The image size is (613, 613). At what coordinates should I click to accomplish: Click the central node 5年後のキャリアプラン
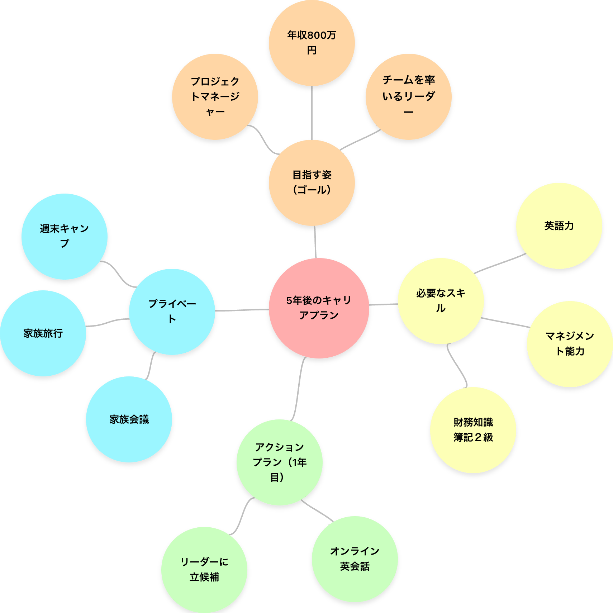coord(319,308)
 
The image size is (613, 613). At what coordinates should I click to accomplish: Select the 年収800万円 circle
coord(312,43)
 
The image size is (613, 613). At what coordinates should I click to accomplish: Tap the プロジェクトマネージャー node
coord(215,96)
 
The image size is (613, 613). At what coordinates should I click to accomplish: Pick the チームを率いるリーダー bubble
coord(408,96)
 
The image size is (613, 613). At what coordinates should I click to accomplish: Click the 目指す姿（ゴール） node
coord(312,182)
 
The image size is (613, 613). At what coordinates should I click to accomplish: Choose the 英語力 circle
coord(559,225)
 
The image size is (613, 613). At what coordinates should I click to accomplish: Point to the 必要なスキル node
coord(441,301)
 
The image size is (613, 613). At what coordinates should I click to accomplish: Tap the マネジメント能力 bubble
coord(570,343)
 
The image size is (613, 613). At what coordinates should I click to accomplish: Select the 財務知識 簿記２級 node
coord(473,429)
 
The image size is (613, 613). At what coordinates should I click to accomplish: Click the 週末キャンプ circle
coord(64,236)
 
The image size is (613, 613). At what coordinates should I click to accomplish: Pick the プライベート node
coord(172,311)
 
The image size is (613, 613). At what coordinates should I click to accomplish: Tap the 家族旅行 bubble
coord(43,333)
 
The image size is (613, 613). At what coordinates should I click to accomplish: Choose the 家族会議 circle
coord(129,419)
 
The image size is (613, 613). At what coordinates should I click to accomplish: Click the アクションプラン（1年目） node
coord(279,462)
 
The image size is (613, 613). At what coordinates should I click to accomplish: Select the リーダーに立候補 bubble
coord(204,569)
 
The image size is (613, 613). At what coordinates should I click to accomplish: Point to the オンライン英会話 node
coord(355,559)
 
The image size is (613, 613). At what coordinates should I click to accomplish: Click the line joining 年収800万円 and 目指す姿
coord(312,113)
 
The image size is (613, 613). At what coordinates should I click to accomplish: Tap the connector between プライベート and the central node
coord(242,310)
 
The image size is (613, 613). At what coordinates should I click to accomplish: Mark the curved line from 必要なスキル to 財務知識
coord(457,366)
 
